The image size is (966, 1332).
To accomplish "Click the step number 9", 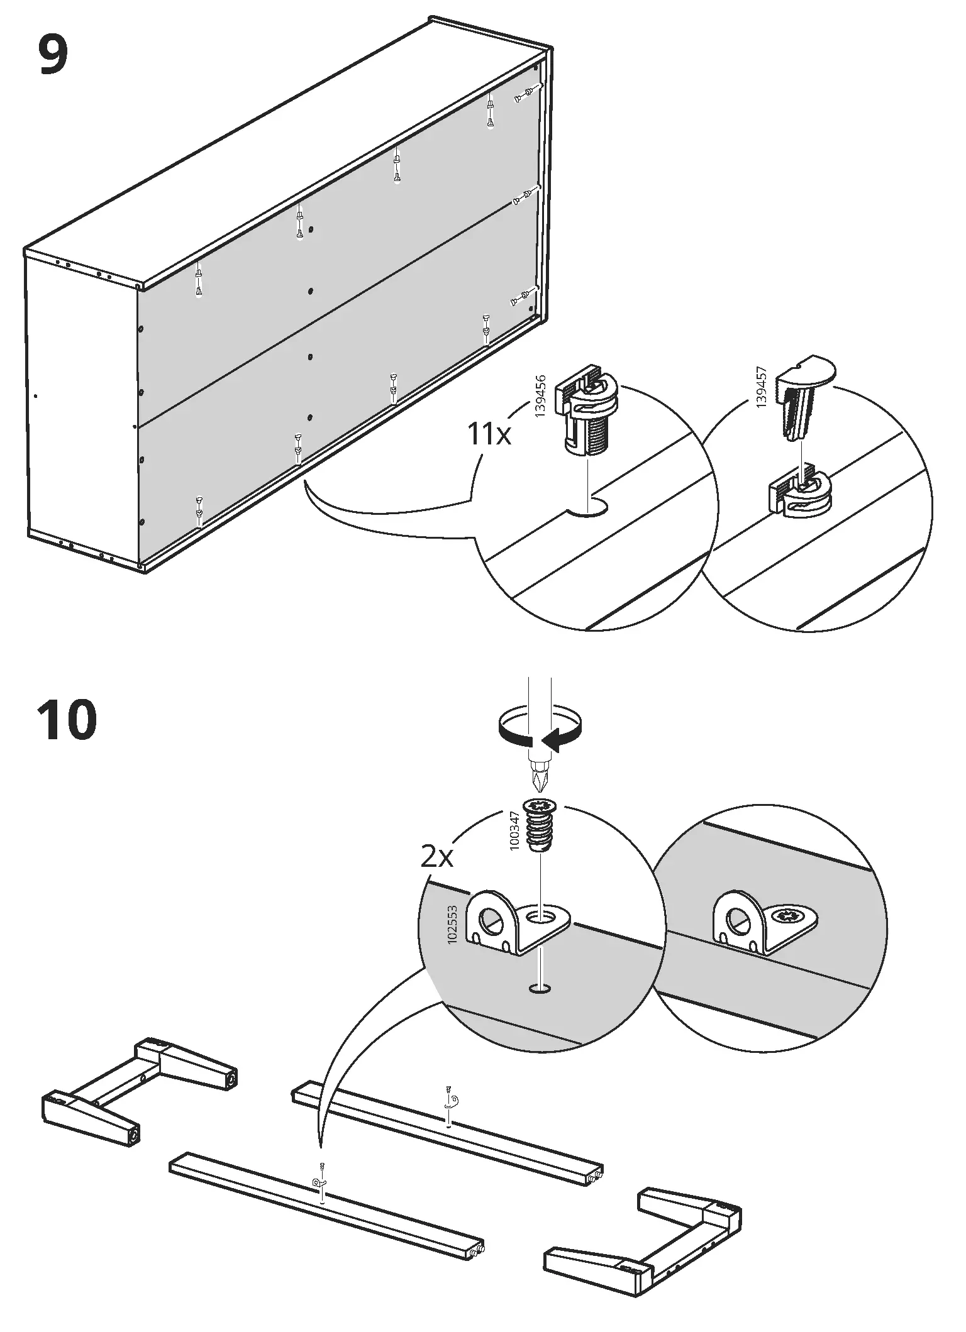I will coord(53,55).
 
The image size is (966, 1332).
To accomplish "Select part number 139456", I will coord(540,397).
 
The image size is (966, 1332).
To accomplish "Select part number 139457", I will coord(762,388).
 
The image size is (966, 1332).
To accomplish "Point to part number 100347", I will coord(514,830).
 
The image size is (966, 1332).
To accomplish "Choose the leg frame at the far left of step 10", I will coord(138,1091).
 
